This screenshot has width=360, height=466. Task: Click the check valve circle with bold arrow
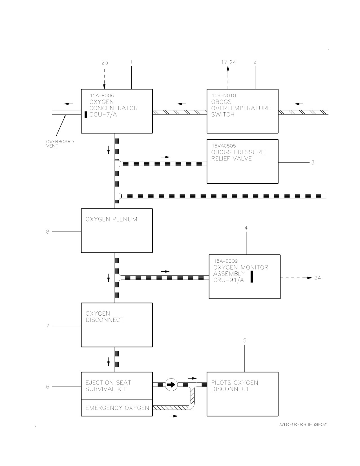[171, 385]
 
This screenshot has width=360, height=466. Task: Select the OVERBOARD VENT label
[60, 144]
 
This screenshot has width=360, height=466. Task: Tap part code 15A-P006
[102, 95]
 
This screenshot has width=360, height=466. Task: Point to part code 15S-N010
[224, 95]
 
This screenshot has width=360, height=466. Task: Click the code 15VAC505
[224, 146]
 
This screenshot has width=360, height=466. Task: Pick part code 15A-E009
[226, 261]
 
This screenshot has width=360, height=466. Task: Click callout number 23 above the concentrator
[105, 63]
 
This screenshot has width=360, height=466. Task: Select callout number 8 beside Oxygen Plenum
[48, 232]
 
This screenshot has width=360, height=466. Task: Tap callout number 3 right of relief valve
[313, 162]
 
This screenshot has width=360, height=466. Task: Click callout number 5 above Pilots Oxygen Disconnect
[245, 340]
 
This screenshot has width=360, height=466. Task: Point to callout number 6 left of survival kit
[48, 387]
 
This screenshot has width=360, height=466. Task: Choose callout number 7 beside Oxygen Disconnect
[48, 326]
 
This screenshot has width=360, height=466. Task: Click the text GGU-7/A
[103, 115]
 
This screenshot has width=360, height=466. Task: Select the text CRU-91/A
[229, 280]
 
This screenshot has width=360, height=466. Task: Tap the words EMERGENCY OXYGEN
[117, 408]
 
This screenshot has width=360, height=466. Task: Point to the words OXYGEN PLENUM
[111, 219]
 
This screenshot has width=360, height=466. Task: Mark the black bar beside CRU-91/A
[252, 277]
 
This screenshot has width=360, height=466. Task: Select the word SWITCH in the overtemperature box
[223, 115]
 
